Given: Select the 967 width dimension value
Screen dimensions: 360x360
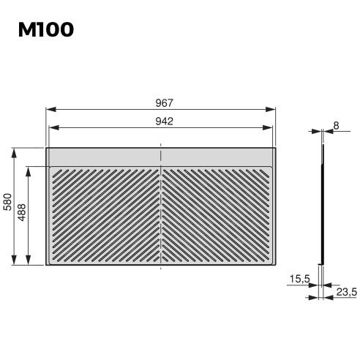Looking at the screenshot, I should tap(163, 102).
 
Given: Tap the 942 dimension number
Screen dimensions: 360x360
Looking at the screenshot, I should tap(163, 121).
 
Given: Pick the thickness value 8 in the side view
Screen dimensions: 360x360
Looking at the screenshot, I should tap(336, 126).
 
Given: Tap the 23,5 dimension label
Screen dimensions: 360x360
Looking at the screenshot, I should tap(345, 292).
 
